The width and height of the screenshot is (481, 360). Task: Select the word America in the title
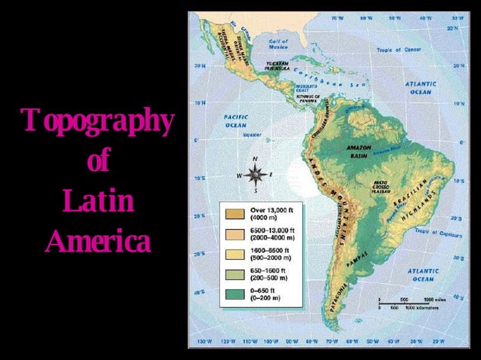coord(97,242)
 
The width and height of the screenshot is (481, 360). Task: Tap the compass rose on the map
coord(254,175)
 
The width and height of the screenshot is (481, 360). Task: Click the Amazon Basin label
coord(357,151)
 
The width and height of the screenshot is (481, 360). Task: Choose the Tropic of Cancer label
coord(399,50)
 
